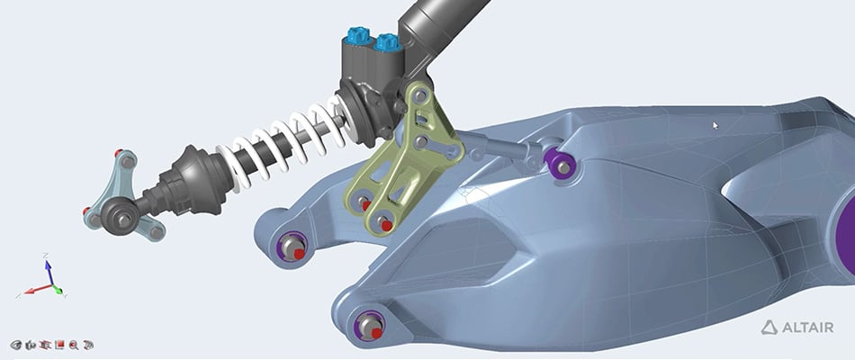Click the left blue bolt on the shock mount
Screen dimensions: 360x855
[x=355, y=38]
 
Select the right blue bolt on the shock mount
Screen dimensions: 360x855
[x=386, y=41]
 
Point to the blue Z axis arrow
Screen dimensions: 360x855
[x=49, y=267]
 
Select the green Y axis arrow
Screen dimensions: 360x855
[x=58, y=290]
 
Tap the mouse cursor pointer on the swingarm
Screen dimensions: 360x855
[x=715, y=126]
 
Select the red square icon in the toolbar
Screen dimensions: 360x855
[x=59, y=345]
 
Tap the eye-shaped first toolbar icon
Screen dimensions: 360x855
[x=16, y=345]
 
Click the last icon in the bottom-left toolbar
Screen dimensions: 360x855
[x=88, y=345]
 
